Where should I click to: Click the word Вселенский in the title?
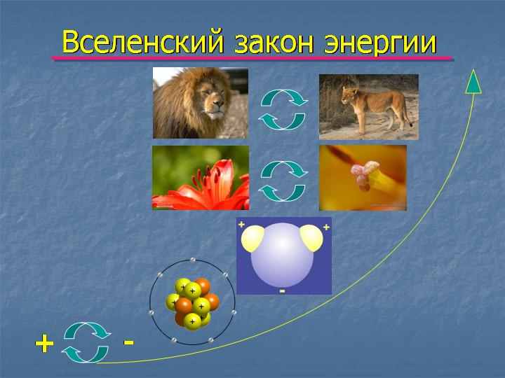click(142, 41)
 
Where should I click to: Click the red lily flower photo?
click(201, 178)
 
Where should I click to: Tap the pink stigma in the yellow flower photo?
click(364, 174)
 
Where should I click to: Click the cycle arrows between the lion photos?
click(283, 110)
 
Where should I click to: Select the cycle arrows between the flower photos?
click(283, 181)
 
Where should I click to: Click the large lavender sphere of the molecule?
click(282, 255)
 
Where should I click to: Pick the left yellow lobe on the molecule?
click(252, 238)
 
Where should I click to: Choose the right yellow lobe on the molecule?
click(311, 238)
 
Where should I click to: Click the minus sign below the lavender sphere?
click(283, 291)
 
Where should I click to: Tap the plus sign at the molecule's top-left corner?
click(241, 224)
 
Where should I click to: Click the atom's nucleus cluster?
click(193, 303)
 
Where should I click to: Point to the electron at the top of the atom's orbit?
click(193, 260)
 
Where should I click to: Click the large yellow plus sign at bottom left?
click(44, 343)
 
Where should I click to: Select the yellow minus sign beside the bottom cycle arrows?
click(129, 342)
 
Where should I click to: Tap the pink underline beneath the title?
click(252, 59)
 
